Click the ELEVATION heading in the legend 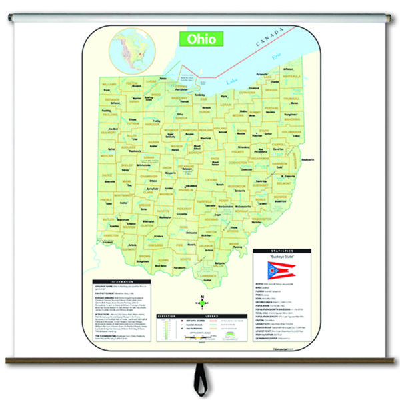tap(165, 315)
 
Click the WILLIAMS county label tap(109, 83)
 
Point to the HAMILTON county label tap(110, 235)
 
